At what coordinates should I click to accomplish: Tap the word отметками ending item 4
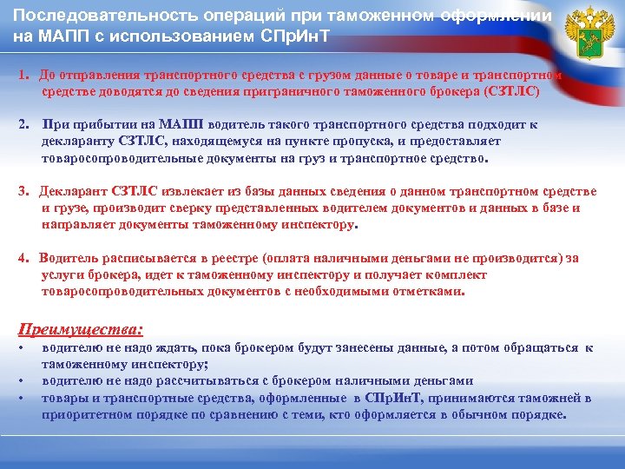tap(428, 292)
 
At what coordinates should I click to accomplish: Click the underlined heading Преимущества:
tap(81, 330)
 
